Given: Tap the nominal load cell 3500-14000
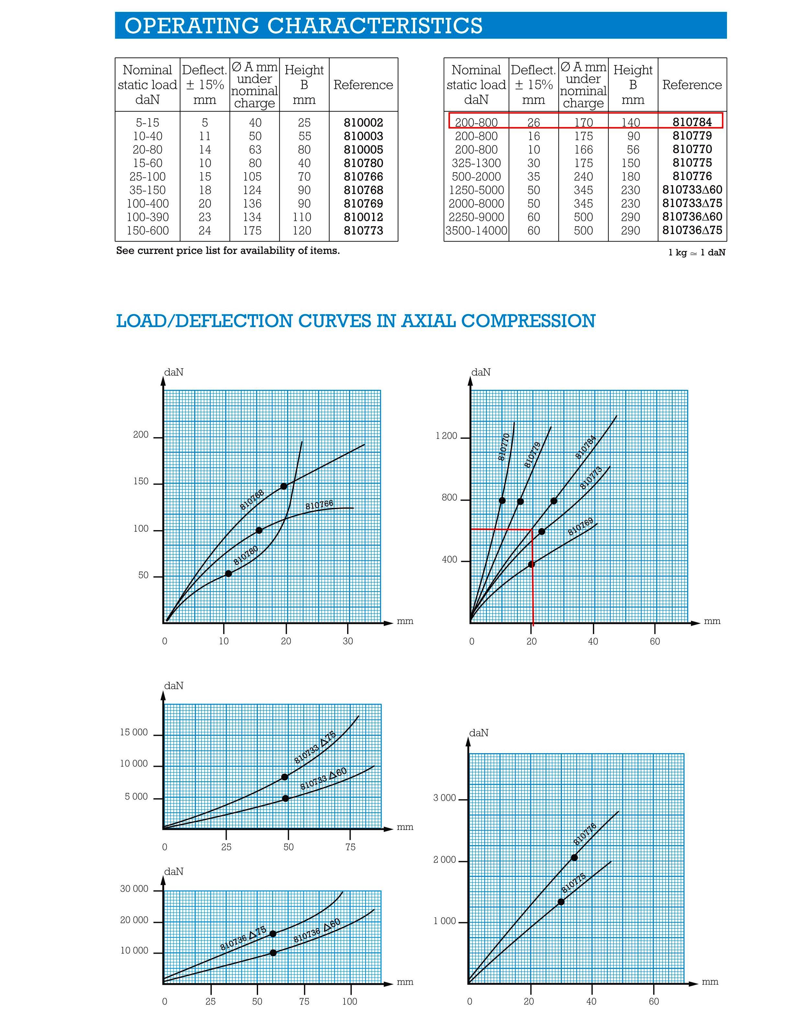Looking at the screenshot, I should click(x=476, y=231).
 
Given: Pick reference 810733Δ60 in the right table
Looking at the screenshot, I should click(x=692, y=190).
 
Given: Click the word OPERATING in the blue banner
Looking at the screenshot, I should click(x=191, y=26).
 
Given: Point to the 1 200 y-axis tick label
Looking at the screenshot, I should click(x=446, y=436).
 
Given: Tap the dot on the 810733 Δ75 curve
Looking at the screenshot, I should click(x=285, y=777).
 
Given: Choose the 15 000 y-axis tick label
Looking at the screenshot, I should click(x=134, y=732).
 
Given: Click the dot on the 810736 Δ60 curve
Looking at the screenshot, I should click(x=273, y=953).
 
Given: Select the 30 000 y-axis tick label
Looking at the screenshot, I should click(x=134, y=889).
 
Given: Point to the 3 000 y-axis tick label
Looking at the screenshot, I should click(x=444, y=798).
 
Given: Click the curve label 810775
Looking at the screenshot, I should click(x=573, y=883).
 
